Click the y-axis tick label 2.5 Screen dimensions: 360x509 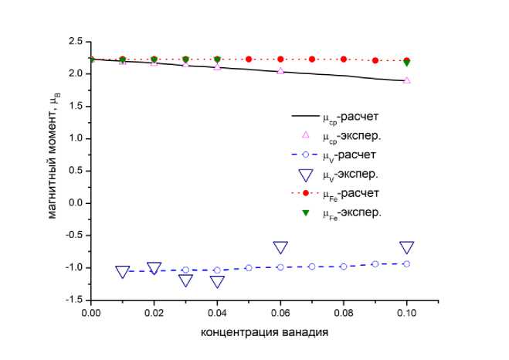pyautogui.click(x=76, y=40)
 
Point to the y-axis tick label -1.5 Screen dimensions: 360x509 pyautogui.click(x=74, y=300)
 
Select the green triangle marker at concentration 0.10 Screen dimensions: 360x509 pyautogui.click(x=407, y=63)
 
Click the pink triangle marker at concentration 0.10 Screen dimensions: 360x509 pyautogui.click(x=407, y=80)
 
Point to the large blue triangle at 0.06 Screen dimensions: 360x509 pyautogui.click(x=280, y=248)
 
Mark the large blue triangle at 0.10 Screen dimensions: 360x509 pyautogui.click(x=407, y=248)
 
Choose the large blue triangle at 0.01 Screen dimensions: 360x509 pyautogui.click(x=122, y=272)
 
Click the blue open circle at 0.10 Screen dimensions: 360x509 pyautogui.click(x=407, y=263)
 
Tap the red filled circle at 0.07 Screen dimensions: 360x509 pyautogui.click(x=312, y=59)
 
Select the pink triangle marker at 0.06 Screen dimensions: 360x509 pyautogui.click(x=280, y=70)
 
